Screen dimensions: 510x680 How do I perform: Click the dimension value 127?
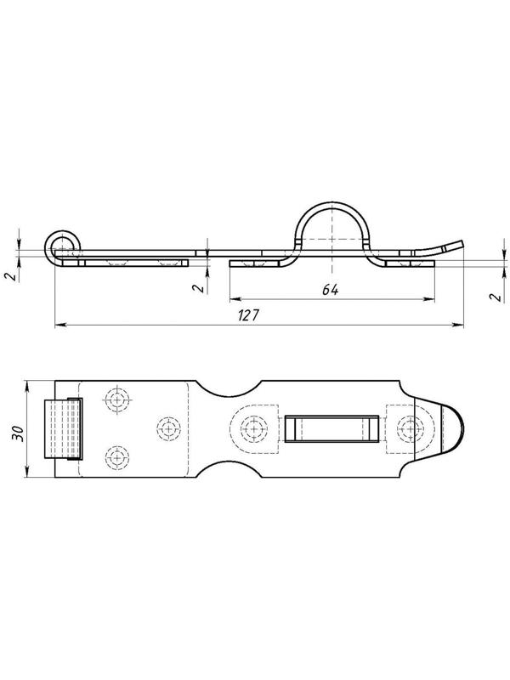point(248,315)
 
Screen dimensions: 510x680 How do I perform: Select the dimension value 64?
point(330,290)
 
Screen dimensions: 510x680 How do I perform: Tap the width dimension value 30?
point(18,433)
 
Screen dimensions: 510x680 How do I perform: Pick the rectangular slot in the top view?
point(331,429)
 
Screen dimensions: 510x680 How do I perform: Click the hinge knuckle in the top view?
point(63,428)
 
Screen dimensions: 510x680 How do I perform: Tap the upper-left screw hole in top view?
point(116,399)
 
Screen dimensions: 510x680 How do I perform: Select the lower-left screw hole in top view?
point(116,457)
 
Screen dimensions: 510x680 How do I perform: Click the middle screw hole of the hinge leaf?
point(168,428)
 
